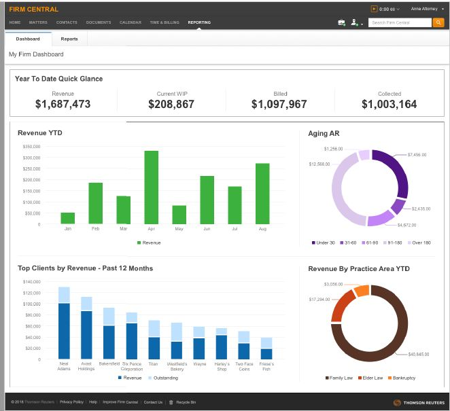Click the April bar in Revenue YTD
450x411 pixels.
click(x=151, y=187)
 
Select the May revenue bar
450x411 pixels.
click(x=179, y=215)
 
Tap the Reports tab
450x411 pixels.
click(x=69, y=39)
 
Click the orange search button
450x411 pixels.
click(x=438, y=22)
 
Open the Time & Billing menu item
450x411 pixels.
click(x=165, y=22)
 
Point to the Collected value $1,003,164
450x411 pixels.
click(x=389, y=105)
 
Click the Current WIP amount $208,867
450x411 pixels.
click(x=171, y=105)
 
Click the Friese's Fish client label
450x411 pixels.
click(x=266, y=366)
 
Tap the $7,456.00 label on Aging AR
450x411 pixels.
click(x=416, y=155)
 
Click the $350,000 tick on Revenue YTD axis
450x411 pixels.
click(x=31, y=147)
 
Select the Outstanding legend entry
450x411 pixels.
click(x=161, y=378)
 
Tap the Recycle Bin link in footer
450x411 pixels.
click(x=183, y=402)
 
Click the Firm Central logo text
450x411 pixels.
click(x=33, y=9)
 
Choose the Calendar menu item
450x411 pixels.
click(x=131, y=22)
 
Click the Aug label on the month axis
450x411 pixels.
click(x=262, y=229)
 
